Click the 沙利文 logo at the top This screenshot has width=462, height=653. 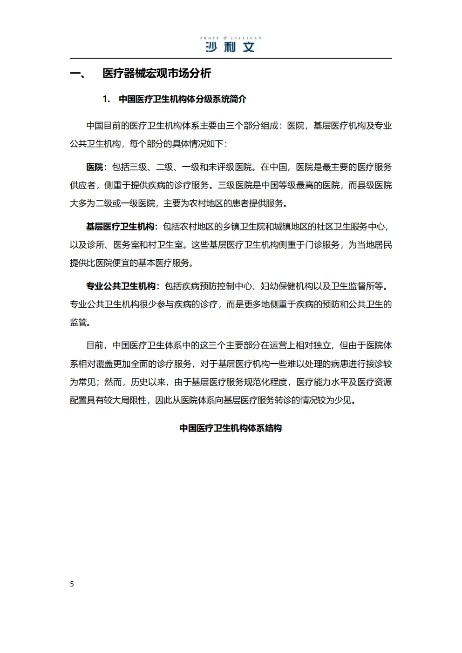point(230,47)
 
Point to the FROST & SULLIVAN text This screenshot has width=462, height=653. point(231,38)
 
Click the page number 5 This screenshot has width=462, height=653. point(72,584)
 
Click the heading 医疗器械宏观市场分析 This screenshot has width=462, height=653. point(156,74)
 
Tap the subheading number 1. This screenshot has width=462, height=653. point(106,99)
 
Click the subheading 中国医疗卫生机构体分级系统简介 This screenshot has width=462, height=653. point(183,99)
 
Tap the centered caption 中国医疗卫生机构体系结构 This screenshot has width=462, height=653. point(231,428)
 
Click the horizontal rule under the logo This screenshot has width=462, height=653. point(231,58)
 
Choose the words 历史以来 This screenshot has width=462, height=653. point(148,382)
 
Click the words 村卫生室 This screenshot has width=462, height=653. point(166,245)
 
